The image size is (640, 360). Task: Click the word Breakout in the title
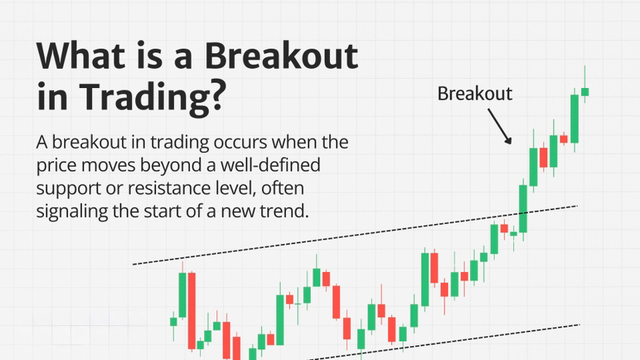pos(281,56)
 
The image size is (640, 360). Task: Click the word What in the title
pos(81,56)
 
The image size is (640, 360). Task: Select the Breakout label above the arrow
pos(475,93)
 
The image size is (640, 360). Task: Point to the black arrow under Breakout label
pos(499,126)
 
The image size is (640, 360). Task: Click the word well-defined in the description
pos(271,165)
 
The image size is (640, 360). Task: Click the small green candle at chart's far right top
pos(585,91)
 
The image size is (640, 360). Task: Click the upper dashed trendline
pos(355,235)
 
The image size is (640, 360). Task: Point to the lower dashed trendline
pos(444,342)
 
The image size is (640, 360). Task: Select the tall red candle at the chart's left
pos(192,311)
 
